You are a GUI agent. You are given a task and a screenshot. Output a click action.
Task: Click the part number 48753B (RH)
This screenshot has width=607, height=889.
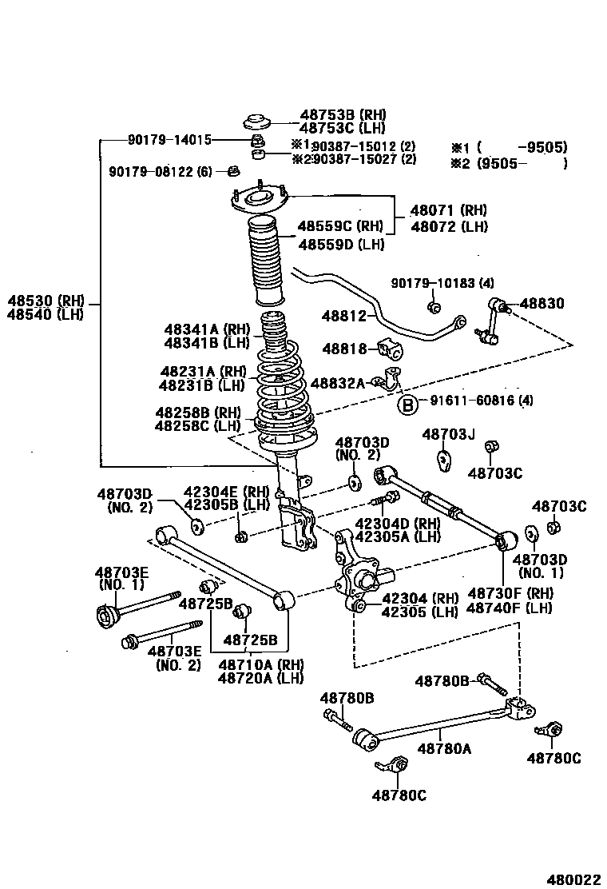coord(342,115)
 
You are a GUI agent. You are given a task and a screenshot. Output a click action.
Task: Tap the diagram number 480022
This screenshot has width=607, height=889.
coord(573,879)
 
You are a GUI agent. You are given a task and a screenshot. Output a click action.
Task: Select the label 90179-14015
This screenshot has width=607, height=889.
coord(169,140)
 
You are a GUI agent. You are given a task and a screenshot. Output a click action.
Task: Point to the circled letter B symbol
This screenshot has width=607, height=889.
coord(407,405)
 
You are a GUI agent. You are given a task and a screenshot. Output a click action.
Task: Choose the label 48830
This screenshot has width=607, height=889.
coord(542,304)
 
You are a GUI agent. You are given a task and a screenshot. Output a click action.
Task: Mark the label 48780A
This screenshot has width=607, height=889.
coord(444,749)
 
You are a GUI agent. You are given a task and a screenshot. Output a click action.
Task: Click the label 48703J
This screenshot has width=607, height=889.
coord(448,435)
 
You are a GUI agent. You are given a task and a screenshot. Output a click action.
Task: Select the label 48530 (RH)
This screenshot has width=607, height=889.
coord(46,301)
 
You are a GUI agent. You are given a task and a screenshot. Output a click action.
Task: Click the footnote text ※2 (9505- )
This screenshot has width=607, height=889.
coord(509,163)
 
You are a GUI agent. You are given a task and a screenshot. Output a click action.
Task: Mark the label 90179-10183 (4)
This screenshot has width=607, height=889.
coord(442,283)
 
